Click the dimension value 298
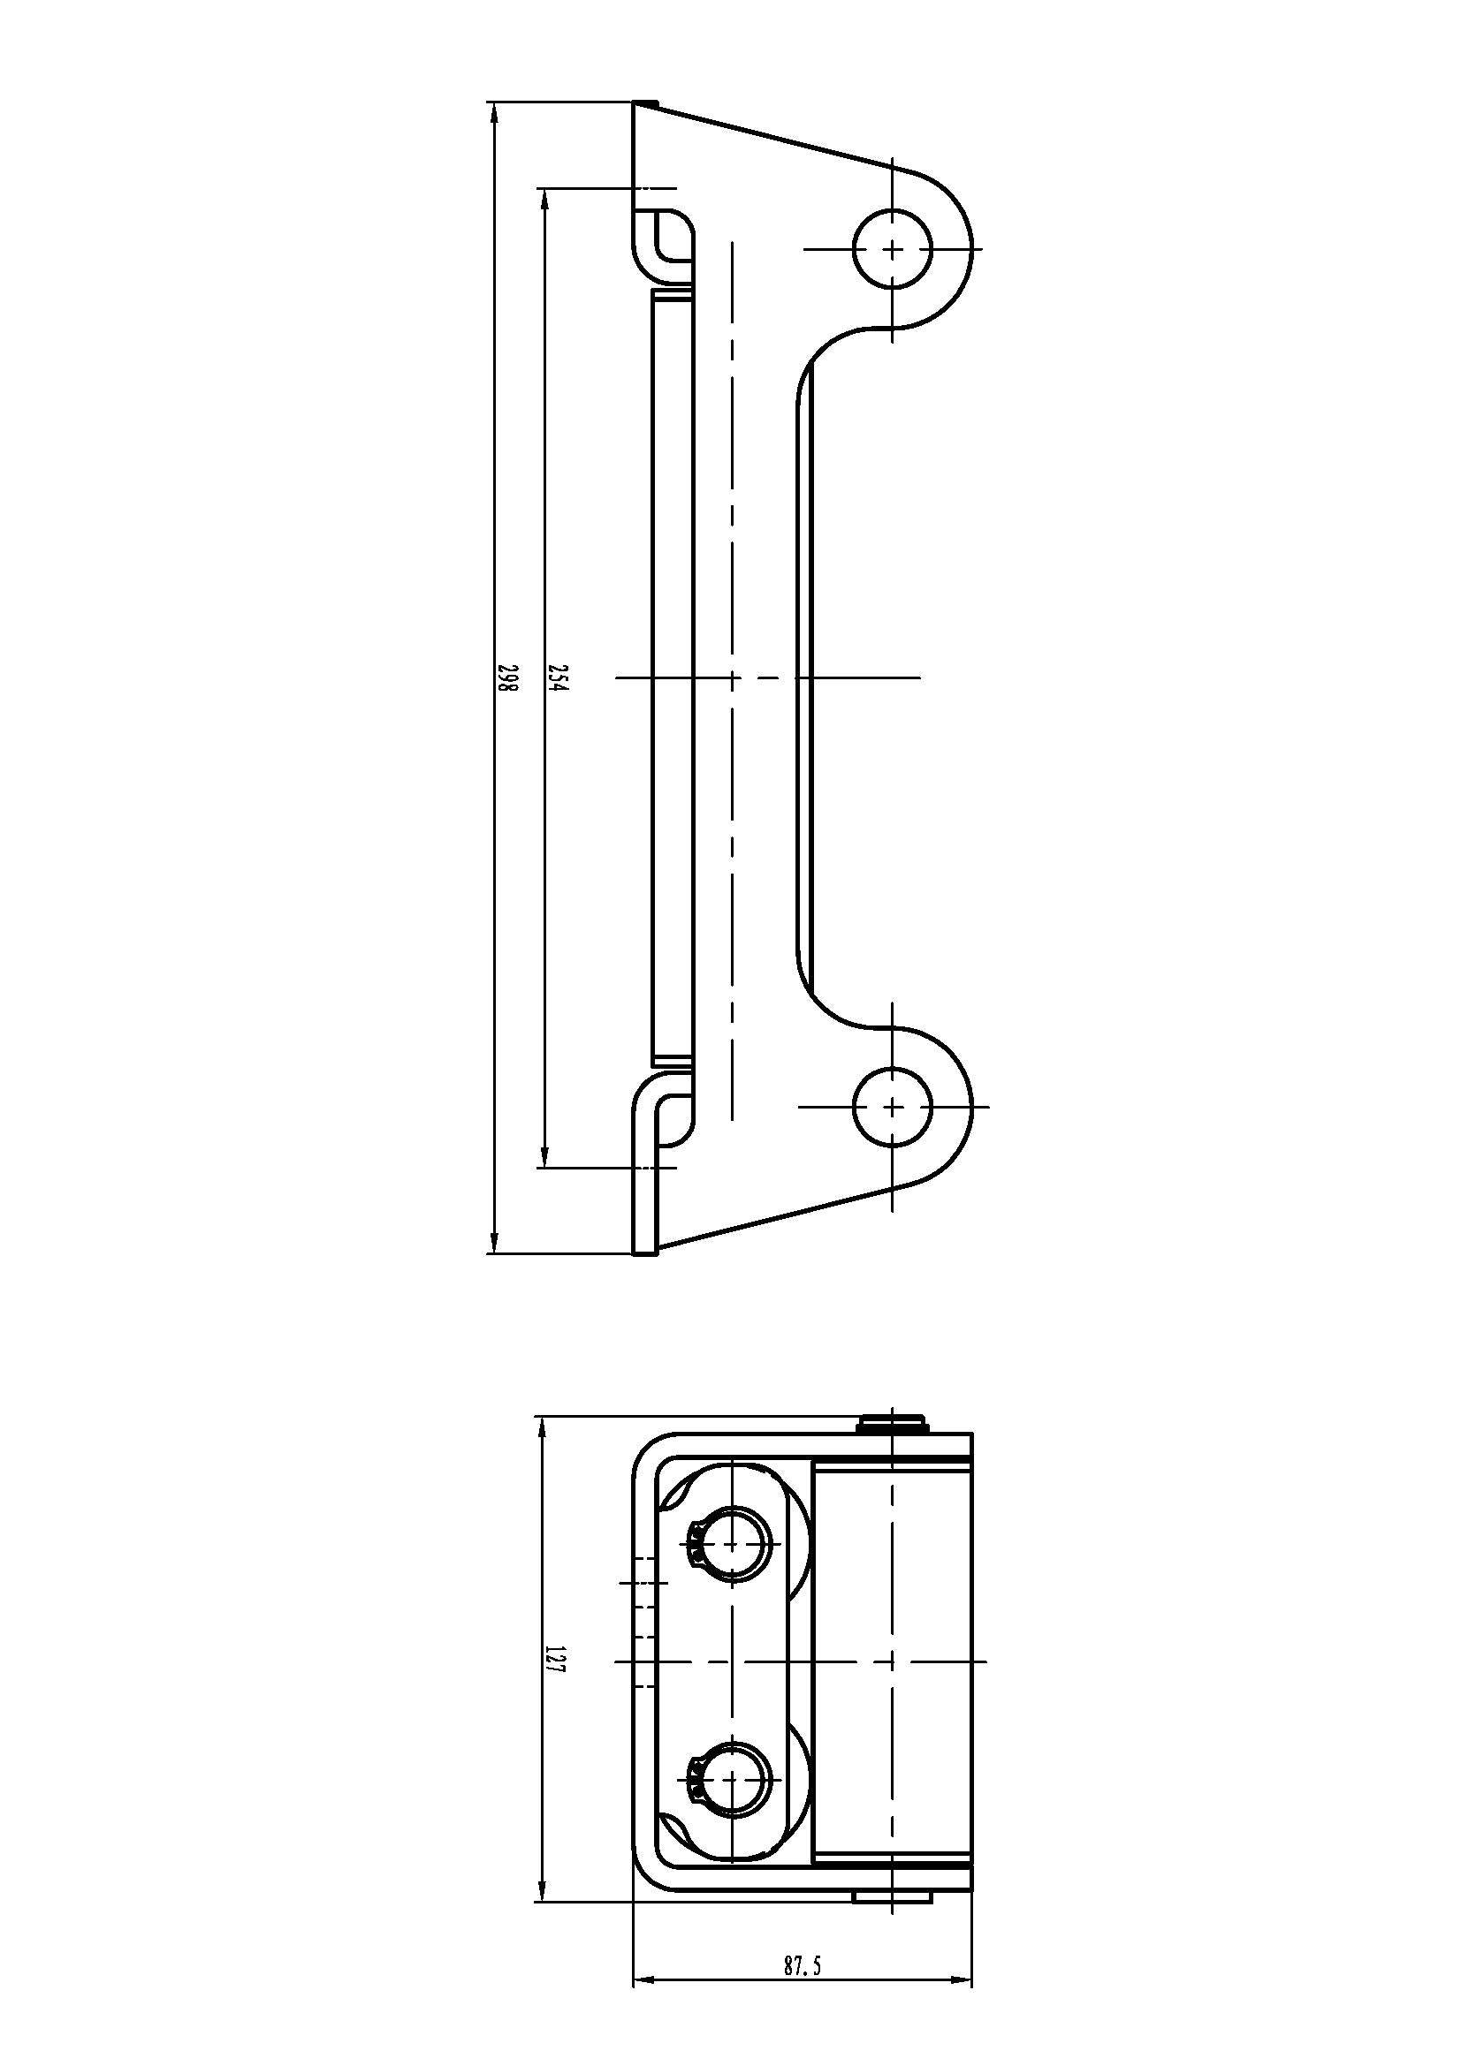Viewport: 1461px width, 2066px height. pos(508,677)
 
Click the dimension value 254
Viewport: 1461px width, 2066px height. pos(559,677)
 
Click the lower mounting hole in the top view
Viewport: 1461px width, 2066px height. pos(892,1107)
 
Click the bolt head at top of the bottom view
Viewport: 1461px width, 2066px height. pos(891,1423)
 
